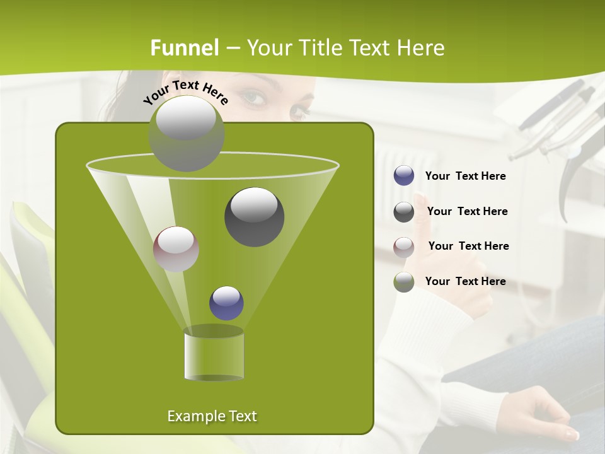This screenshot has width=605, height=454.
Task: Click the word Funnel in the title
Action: (x=185, y=48)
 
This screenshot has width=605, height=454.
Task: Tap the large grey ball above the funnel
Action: (x=186, y=134)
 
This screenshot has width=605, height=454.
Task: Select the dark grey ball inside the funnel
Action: (x=255, y=217)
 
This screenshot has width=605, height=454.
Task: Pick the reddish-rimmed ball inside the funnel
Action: (x=176, y=249)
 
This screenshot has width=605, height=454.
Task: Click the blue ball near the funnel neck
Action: (x=226, y=303)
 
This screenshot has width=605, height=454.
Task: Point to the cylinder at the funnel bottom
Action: (x=214, y=354)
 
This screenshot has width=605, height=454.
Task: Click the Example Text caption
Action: (x=212, y=416)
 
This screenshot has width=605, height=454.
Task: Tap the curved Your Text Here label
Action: (x=185, y=92)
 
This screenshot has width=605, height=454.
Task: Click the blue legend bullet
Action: (x=404, y=176)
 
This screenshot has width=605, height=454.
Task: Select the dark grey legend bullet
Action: (x=404, y=212)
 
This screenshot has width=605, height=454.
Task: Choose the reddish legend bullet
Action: (x=404, y=247)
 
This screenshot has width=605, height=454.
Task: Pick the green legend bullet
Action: (x=404, y=282)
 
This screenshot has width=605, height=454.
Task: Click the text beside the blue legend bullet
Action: (x=466, y=177)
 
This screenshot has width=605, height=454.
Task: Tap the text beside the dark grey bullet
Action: (x=468, y=211)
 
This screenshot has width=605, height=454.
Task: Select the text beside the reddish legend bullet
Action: (x=469, y=246)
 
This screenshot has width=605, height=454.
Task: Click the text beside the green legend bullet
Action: (x=466, y=281)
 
